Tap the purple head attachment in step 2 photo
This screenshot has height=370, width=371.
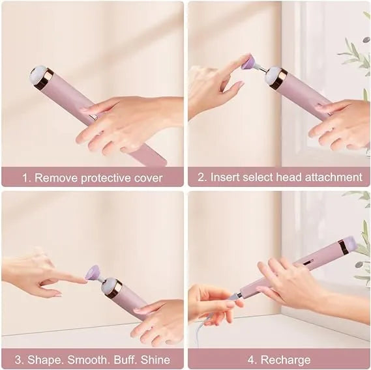[x=248, y=63]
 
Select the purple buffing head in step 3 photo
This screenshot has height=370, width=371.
[x=94, y=272]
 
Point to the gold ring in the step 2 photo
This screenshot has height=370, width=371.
[x=278, y=79]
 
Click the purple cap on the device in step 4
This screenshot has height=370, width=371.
[x=349, y=244]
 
